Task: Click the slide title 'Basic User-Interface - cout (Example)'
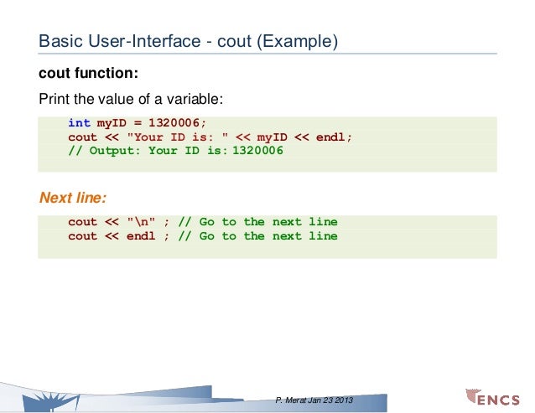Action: click(189, 40)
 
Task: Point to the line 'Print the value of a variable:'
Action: click(131, 99)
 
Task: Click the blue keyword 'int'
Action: click(79, 123)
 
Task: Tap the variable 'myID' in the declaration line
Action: click(112, 123)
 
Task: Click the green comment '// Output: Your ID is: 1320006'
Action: click(175, 152)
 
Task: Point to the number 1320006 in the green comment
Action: click(257, 152)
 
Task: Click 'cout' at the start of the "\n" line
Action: click(82, 222)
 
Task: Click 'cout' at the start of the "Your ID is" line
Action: click(82, 137)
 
